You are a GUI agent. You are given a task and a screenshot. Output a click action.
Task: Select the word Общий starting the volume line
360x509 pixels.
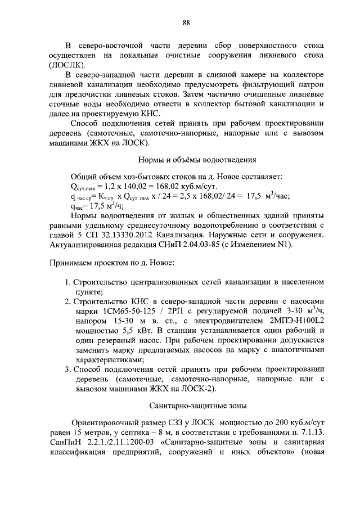pos(84,176)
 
